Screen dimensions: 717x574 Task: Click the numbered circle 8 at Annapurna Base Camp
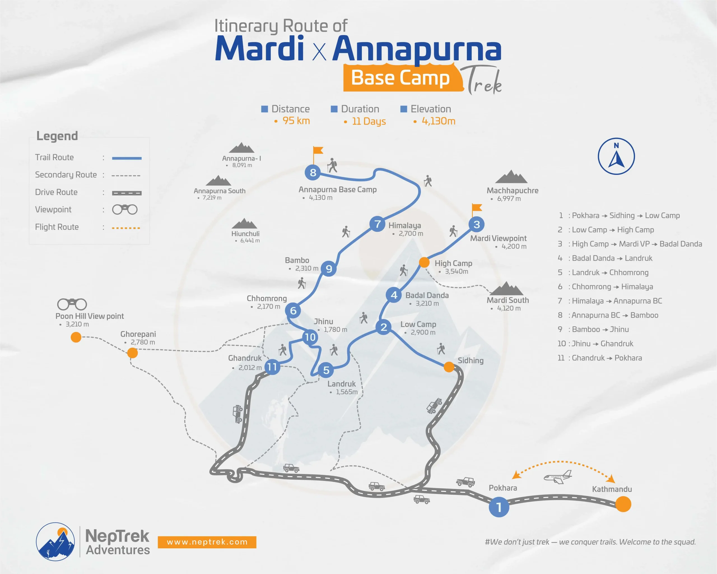[313, 172]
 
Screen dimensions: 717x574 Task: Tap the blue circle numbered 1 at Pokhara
[499, 507]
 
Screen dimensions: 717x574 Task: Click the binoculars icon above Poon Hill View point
[72, 304]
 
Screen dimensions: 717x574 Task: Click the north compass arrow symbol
[616, 156]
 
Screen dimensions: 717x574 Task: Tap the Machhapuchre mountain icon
[511, 177]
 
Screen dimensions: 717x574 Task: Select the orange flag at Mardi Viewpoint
[477, 208]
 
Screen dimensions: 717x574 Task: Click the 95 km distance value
[296, 121]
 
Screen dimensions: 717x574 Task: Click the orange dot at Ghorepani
[132, 353]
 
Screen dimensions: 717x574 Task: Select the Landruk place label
[341, 384]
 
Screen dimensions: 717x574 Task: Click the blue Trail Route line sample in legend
[127, 158]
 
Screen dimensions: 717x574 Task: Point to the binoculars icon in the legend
[125, 210]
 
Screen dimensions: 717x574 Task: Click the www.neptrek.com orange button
[207, 542]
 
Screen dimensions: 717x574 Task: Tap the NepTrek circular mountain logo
[55, 541]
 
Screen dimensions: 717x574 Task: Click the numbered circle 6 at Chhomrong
[293, 311]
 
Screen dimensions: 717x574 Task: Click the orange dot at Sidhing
[449, 367]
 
